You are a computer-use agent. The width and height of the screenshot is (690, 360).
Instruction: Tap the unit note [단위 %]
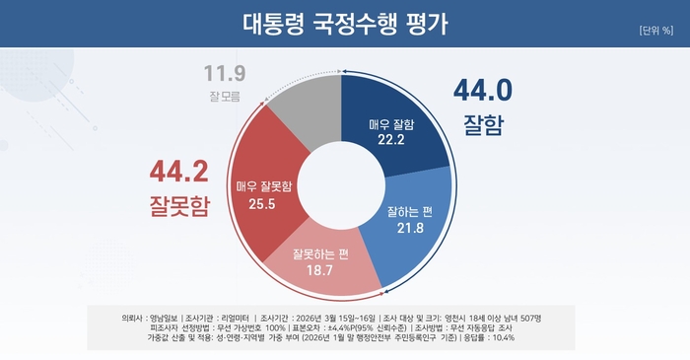655,29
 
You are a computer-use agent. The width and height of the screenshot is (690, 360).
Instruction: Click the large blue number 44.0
482,91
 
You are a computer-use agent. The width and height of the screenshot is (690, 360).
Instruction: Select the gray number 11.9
225,74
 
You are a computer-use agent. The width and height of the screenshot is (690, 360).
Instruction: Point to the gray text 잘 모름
225,96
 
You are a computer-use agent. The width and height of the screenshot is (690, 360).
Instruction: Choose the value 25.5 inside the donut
260,203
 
